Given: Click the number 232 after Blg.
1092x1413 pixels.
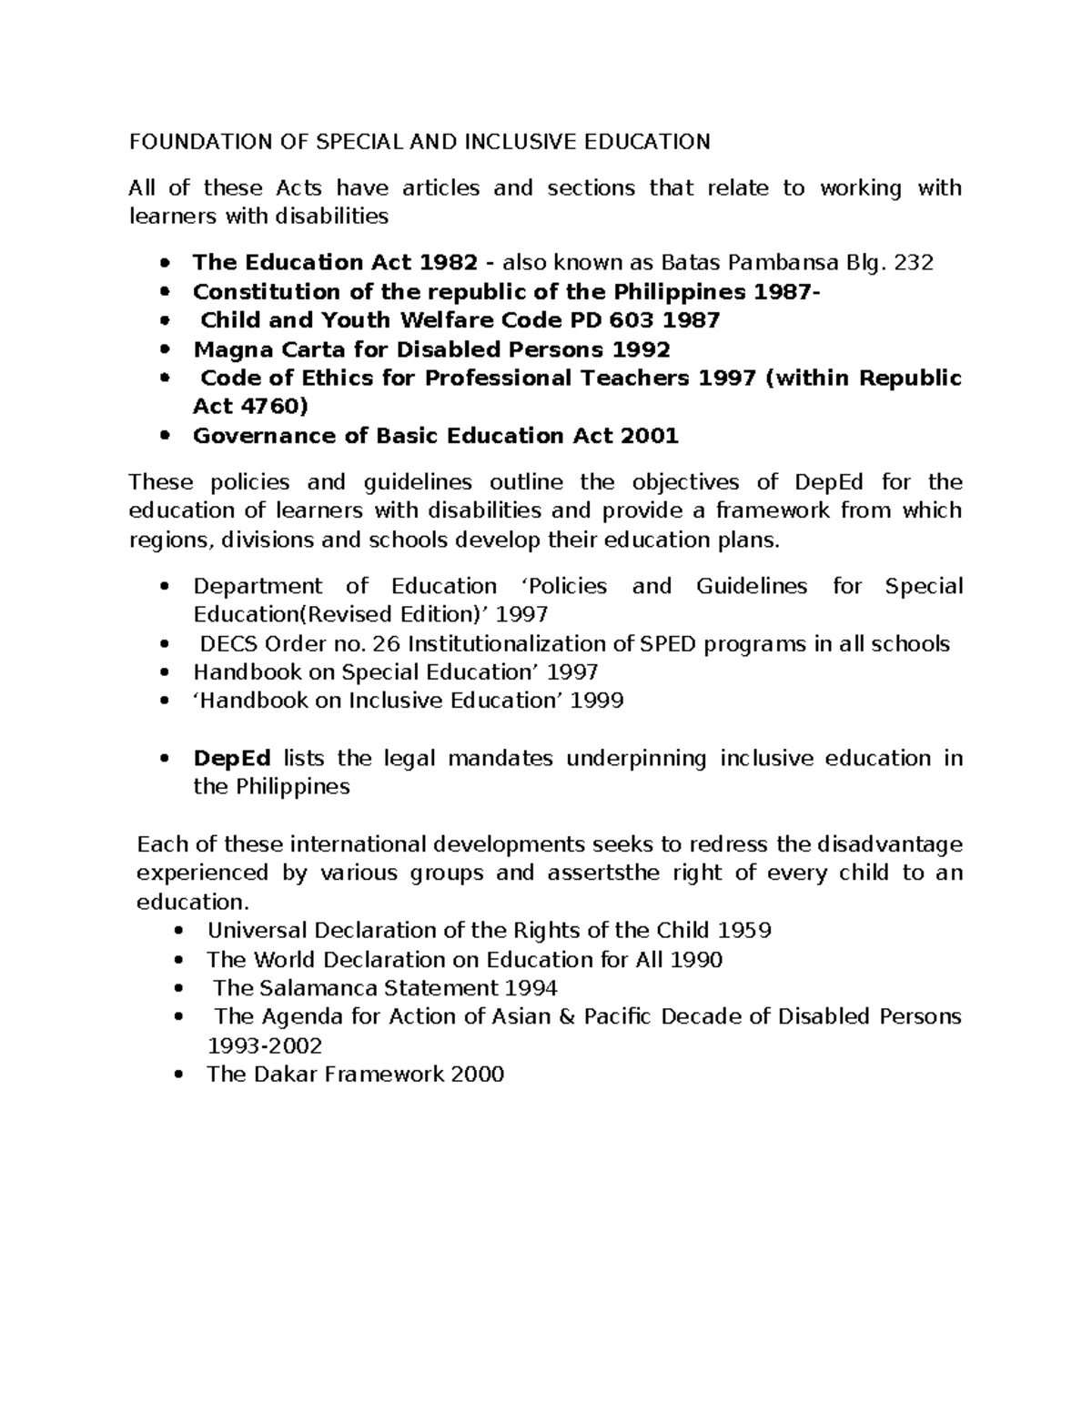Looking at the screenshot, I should coord(914,263).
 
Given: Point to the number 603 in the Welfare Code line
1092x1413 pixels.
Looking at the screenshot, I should coord(628,320).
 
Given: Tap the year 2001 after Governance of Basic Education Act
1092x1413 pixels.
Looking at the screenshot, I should coord(649,436).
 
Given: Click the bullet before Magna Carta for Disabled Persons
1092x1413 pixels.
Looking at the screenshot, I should coord(164,350).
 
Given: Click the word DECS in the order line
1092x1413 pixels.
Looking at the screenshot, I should coord(229,644).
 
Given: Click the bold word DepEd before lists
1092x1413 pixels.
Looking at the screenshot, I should coord(232,759).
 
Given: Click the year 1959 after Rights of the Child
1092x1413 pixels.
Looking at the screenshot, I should coord(744,931).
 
